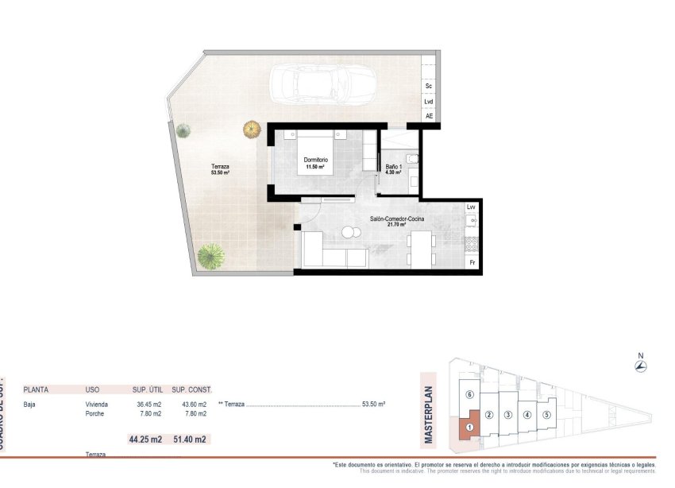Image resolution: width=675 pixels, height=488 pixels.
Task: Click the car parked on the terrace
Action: [310, 83]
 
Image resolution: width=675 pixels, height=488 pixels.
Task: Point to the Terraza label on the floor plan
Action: [220, 169]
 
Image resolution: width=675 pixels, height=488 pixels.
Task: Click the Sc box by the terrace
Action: [429, 85]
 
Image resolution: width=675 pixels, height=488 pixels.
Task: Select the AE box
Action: [429, 116]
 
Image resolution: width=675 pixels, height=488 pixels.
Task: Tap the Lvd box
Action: [429, 101]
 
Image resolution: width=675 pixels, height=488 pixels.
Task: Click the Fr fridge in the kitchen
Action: [472, 262]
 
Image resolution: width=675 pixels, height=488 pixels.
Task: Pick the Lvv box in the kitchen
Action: [471, 207]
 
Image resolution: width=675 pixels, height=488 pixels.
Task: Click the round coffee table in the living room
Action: [349, 232]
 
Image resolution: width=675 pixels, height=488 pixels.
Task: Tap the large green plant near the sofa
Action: [210, 256]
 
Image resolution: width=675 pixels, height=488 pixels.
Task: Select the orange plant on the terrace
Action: [252, 128]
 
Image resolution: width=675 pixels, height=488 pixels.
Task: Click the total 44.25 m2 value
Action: [145, 439]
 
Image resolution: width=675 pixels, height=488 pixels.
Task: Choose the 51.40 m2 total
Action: [190, 439]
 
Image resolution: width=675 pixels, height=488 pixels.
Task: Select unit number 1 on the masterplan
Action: [469, 427]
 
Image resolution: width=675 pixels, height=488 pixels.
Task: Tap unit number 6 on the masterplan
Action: [469, 395]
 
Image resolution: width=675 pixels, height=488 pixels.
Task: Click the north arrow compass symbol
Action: [640, 366]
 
